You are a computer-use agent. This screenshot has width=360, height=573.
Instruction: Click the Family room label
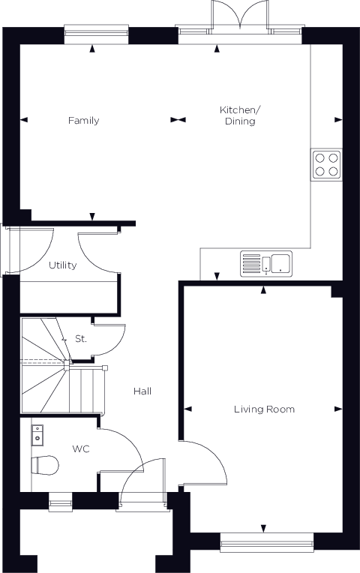click(84, 121)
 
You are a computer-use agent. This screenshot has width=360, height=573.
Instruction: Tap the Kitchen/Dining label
click(240, 115)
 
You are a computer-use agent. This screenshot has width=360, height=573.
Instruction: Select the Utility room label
click(63, 265)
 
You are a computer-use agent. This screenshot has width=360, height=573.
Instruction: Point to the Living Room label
click(264, 409)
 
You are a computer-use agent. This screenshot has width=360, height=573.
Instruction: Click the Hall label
click(142, 391)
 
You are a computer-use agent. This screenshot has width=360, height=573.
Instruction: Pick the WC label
click(81, 448)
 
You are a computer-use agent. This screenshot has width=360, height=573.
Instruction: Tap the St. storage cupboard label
click(81, 339)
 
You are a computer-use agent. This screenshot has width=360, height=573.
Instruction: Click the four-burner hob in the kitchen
click(327, 164)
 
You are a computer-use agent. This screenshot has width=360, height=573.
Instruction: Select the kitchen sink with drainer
click(266, 263)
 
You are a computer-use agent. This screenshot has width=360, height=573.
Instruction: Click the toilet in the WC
click(45, 465)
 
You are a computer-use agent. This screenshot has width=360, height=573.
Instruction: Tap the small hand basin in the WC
click(37, 435)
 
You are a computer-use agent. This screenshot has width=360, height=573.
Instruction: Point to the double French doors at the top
click(240, 16)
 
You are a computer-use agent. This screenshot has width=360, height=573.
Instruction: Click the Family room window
click(96, 34)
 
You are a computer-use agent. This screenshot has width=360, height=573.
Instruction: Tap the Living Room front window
click(267, 541)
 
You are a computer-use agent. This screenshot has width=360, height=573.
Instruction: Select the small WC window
click(61, 501)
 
